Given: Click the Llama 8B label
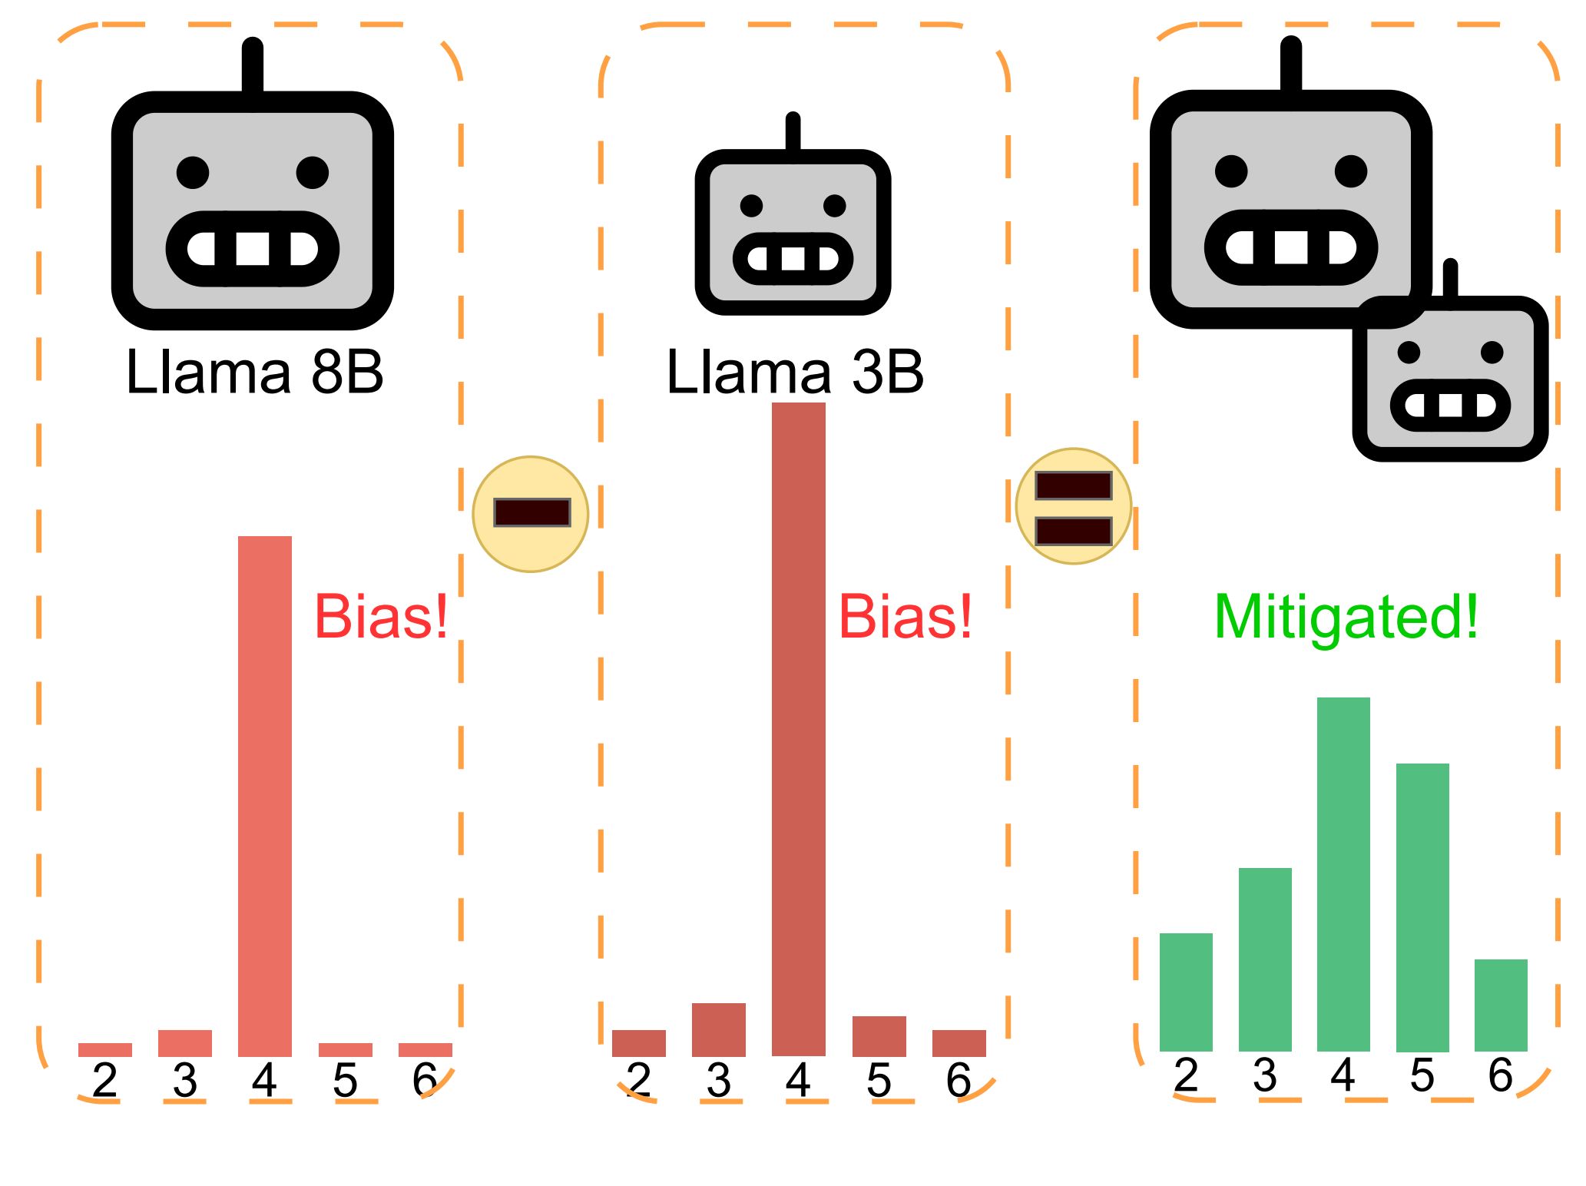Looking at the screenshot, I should pyautogui.click(x=254, y=373).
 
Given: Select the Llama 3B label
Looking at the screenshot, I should pyautogui.click(x=795, y=373).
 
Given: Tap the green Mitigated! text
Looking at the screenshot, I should pyautogui.click(x=1346, y=617).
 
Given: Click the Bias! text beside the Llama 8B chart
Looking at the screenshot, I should pyautogui.click(x=381, y=617).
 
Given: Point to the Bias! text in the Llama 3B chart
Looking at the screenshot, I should pyautogui.click(x=905, y=617).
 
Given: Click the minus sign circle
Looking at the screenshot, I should pyautogui.click(x=531, y=514).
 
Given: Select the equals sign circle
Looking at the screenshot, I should pyautogui.click(x=1074, y=507).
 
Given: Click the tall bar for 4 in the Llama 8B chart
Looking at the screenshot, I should pyautogui.click(x=265, y=795).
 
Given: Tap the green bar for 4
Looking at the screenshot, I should pyautogui.click(x=1343, y=874).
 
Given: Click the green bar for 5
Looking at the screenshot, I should pyautogui.click(x=1422, y=907).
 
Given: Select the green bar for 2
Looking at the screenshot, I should pyautogui.click(x=1186, y=992).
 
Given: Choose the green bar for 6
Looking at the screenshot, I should pyautogui.click(x=1501, y=1005).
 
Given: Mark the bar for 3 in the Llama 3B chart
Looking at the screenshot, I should pyautogui.click(x=719, y=1029).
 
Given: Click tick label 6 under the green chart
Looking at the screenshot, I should pyautogui.click(x=1501, y=1075).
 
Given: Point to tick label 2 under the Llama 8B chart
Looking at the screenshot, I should pyautogui.click(x=105, y=1081).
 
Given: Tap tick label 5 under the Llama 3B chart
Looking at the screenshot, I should pyautogui.click(x=879, y=1081).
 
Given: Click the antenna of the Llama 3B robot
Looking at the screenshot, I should pyautogui.click(x=793, y=132).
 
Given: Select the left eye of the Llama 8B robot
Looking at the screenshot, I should pyautogui.click(x=193, y=172).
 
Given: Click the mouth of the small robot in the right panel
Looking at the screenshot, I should pyautogui.click(x=1450, y=405).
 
